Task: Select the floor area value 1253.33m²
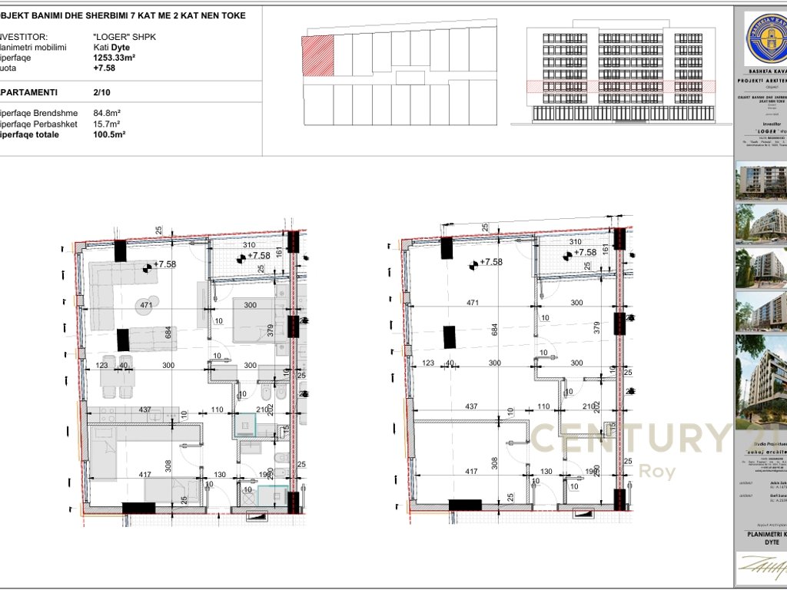(x=115, y=57)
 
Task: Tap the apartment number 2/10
(x=101, y=91)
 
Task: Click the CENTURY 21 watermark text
(x=630, y=438)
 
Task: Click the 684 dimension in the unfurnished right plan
(x=495, y=330)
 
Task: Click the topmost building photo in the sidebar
(x=760, y=181)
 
